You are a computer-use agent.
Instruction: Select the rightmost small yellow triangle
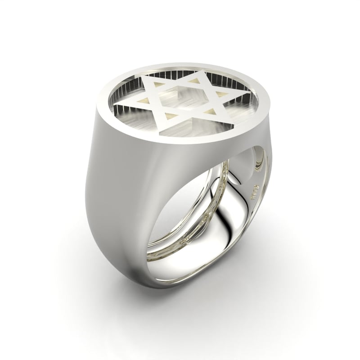tap(220, 95)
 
